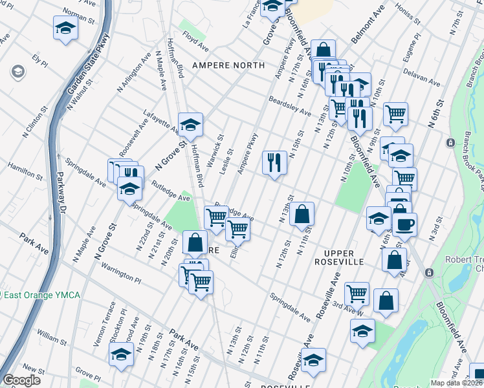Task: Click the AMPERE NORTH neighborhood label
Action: (x=228, y=65)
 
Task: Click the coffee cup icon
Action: (x=405, y=224)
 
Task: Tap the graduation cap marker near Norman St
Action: (x=65, y=28)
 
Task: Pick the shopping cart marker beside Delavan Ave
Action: (x=395, y=114)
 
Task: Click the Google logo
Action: (x=21, y=380)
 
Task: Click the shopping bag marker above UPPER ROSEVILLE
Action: (x=302, y=213)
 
